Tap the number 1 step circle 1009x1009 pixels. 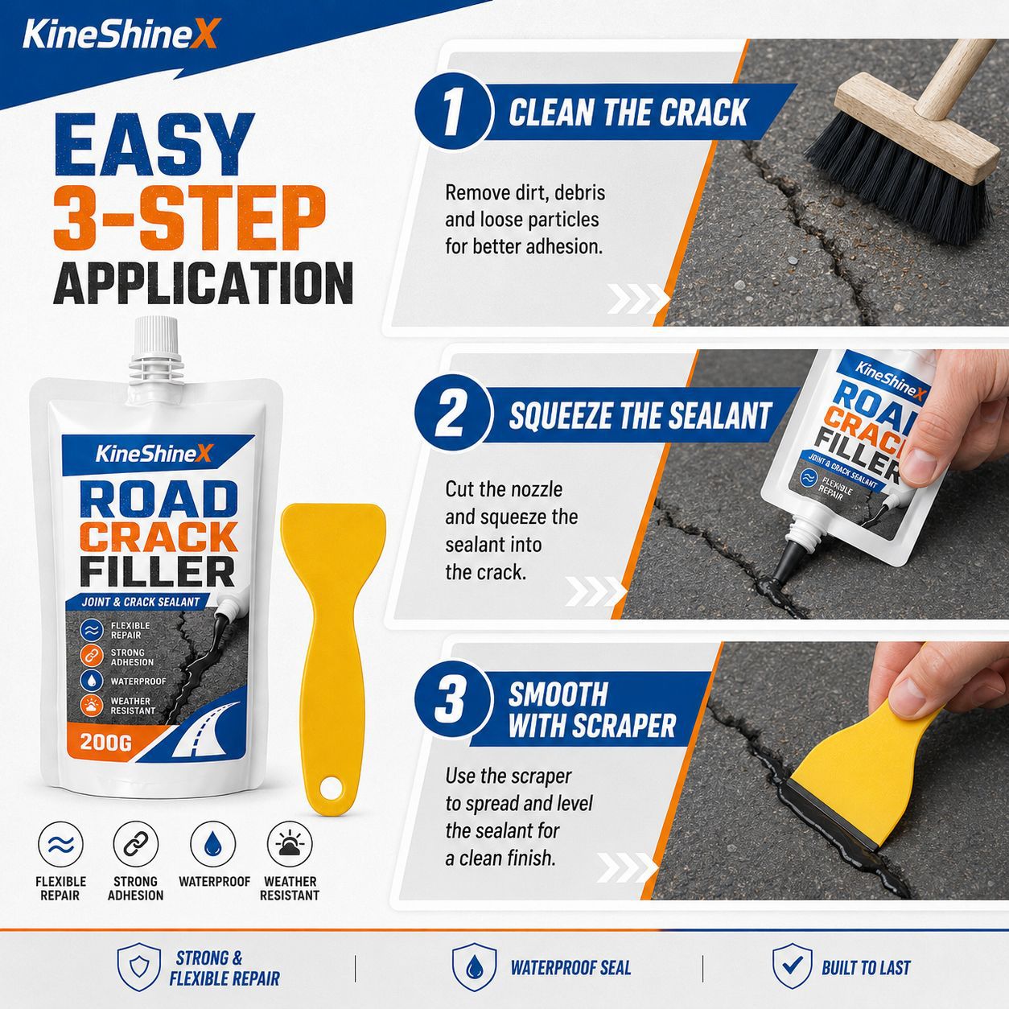(x=454, y=112)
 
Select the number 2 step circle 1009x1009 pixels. (x=454, y=415)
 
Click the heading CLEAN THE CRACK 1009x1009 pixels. (x=628, y=112)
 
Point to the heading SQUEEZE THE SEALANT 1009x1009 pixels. (x=640, y=415)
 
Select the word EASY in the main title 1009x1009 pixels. (x=154, y=144)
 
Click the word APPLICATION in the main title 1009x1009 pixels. (x=203, y=282)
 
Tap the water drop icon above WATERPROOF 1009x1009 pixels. (x=212, y=843)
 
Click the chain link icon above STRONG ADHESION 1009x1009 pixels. (x=136, y=843)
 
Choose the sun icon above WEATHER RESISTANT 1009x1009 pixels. (x=290, y=843)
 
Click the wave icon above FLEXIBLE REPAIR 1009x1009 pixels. (x=60, y=843)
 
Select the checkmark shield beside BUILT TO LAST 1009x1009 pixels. (x=793, y=966)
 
